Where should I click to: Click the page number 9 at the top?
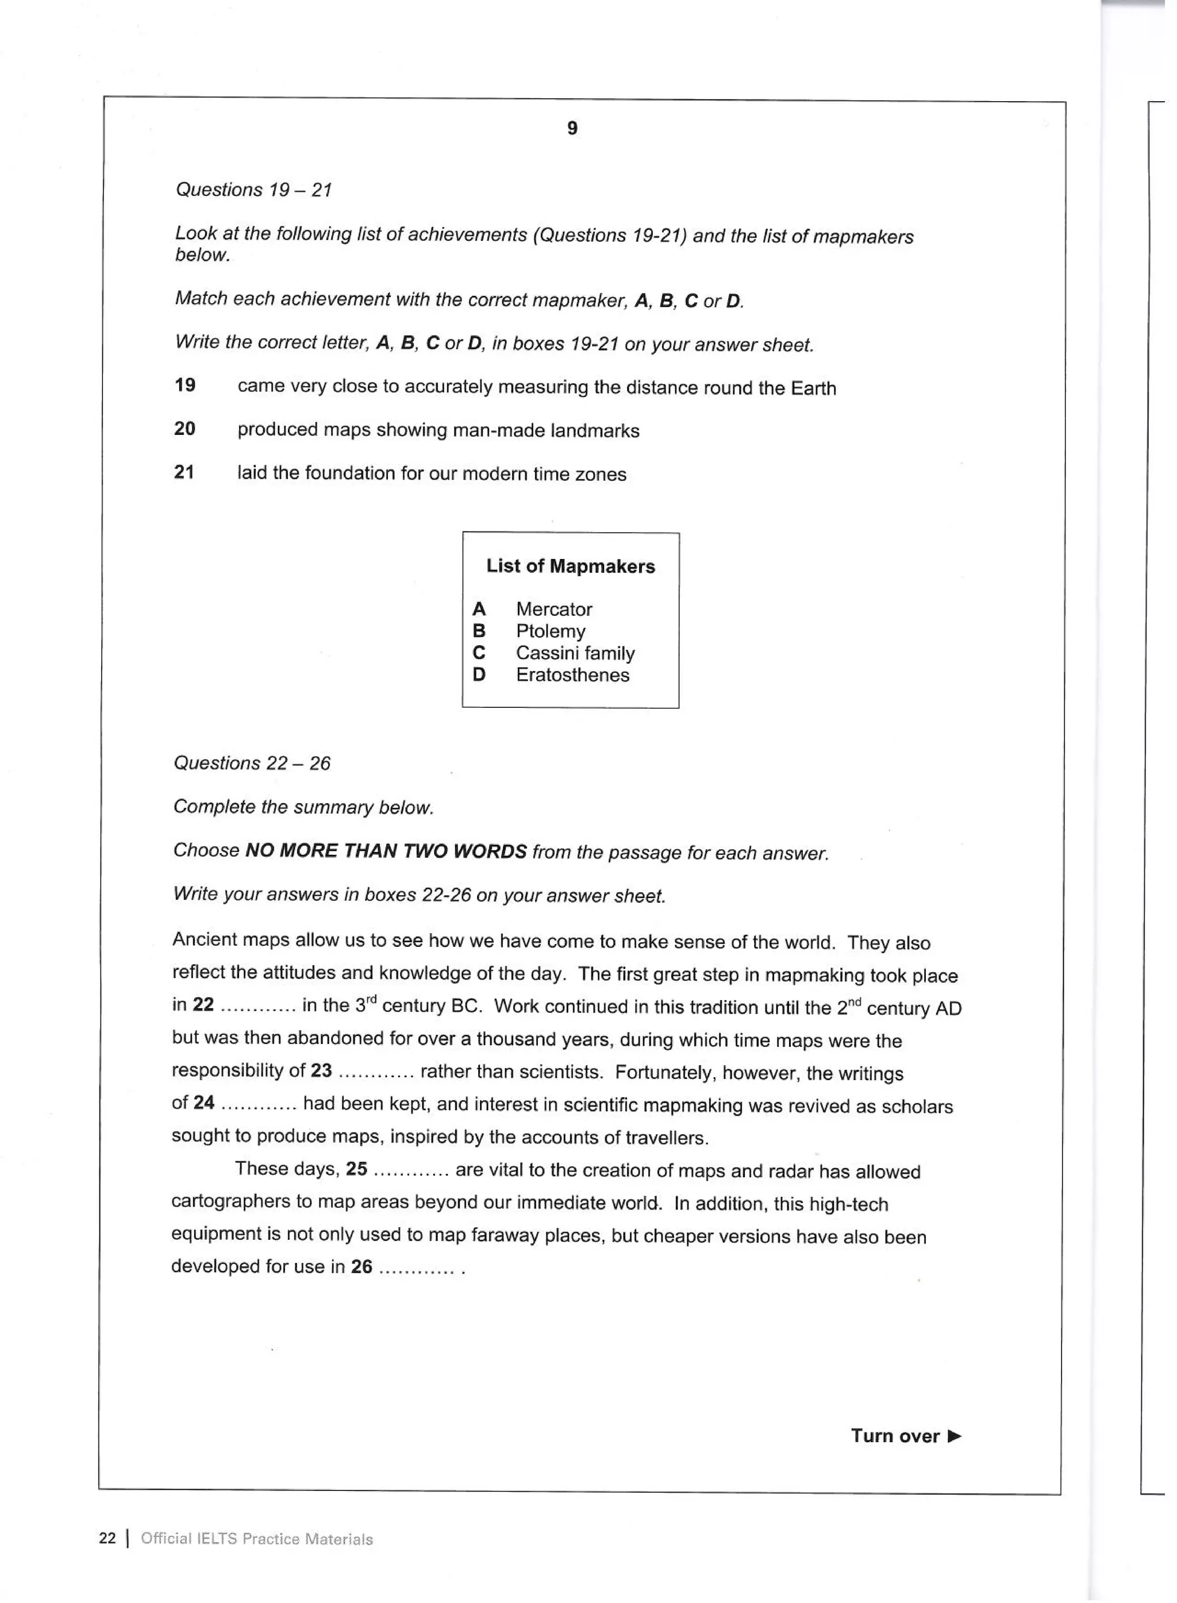click(x=572, y=128)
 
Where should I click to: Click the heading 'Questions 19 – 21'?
click(x=253, y=190)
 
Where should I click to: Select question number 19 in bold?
click(x=184, y=386)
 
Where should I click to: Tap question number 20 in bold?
click(x=184, y=429)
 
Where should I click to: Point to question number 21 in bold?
click(x=184, y=472)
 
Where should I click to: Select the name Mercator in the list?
click(x=553, y=609)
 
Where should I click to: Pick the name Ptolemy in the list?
click(x=550, y=631)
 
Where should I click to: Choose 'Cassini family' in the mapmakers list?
click(x=574, y=653)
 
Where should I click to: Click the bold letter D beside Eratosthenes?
click(x=479, y=675)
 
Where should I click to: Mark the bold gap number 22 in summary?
click(x=203, y=1005)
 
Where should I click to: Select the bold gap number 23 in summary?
click(x=321, y=1070)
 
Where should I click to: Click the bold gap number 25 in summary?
click(x=356, y=1169)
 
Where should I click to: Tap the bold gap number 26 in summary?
click(x=361, y=1266)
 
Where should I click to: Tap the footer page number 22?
click(x=107, y=1538)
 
